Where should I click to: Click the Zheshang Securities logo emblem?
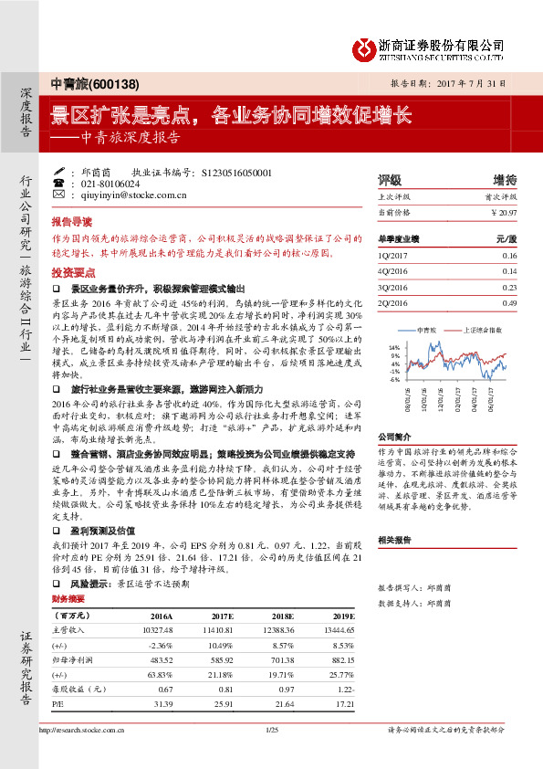pyautogui.click(x=362, y=47)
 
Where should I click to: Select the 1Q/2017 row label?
pyautogui.click(x=392, y=256)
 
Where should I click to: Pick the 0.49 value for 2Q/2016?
pyautogui.click(x=509, y=302)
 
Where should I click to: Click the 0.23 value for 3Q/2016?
pyautogui.click(x=509, y=287)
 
